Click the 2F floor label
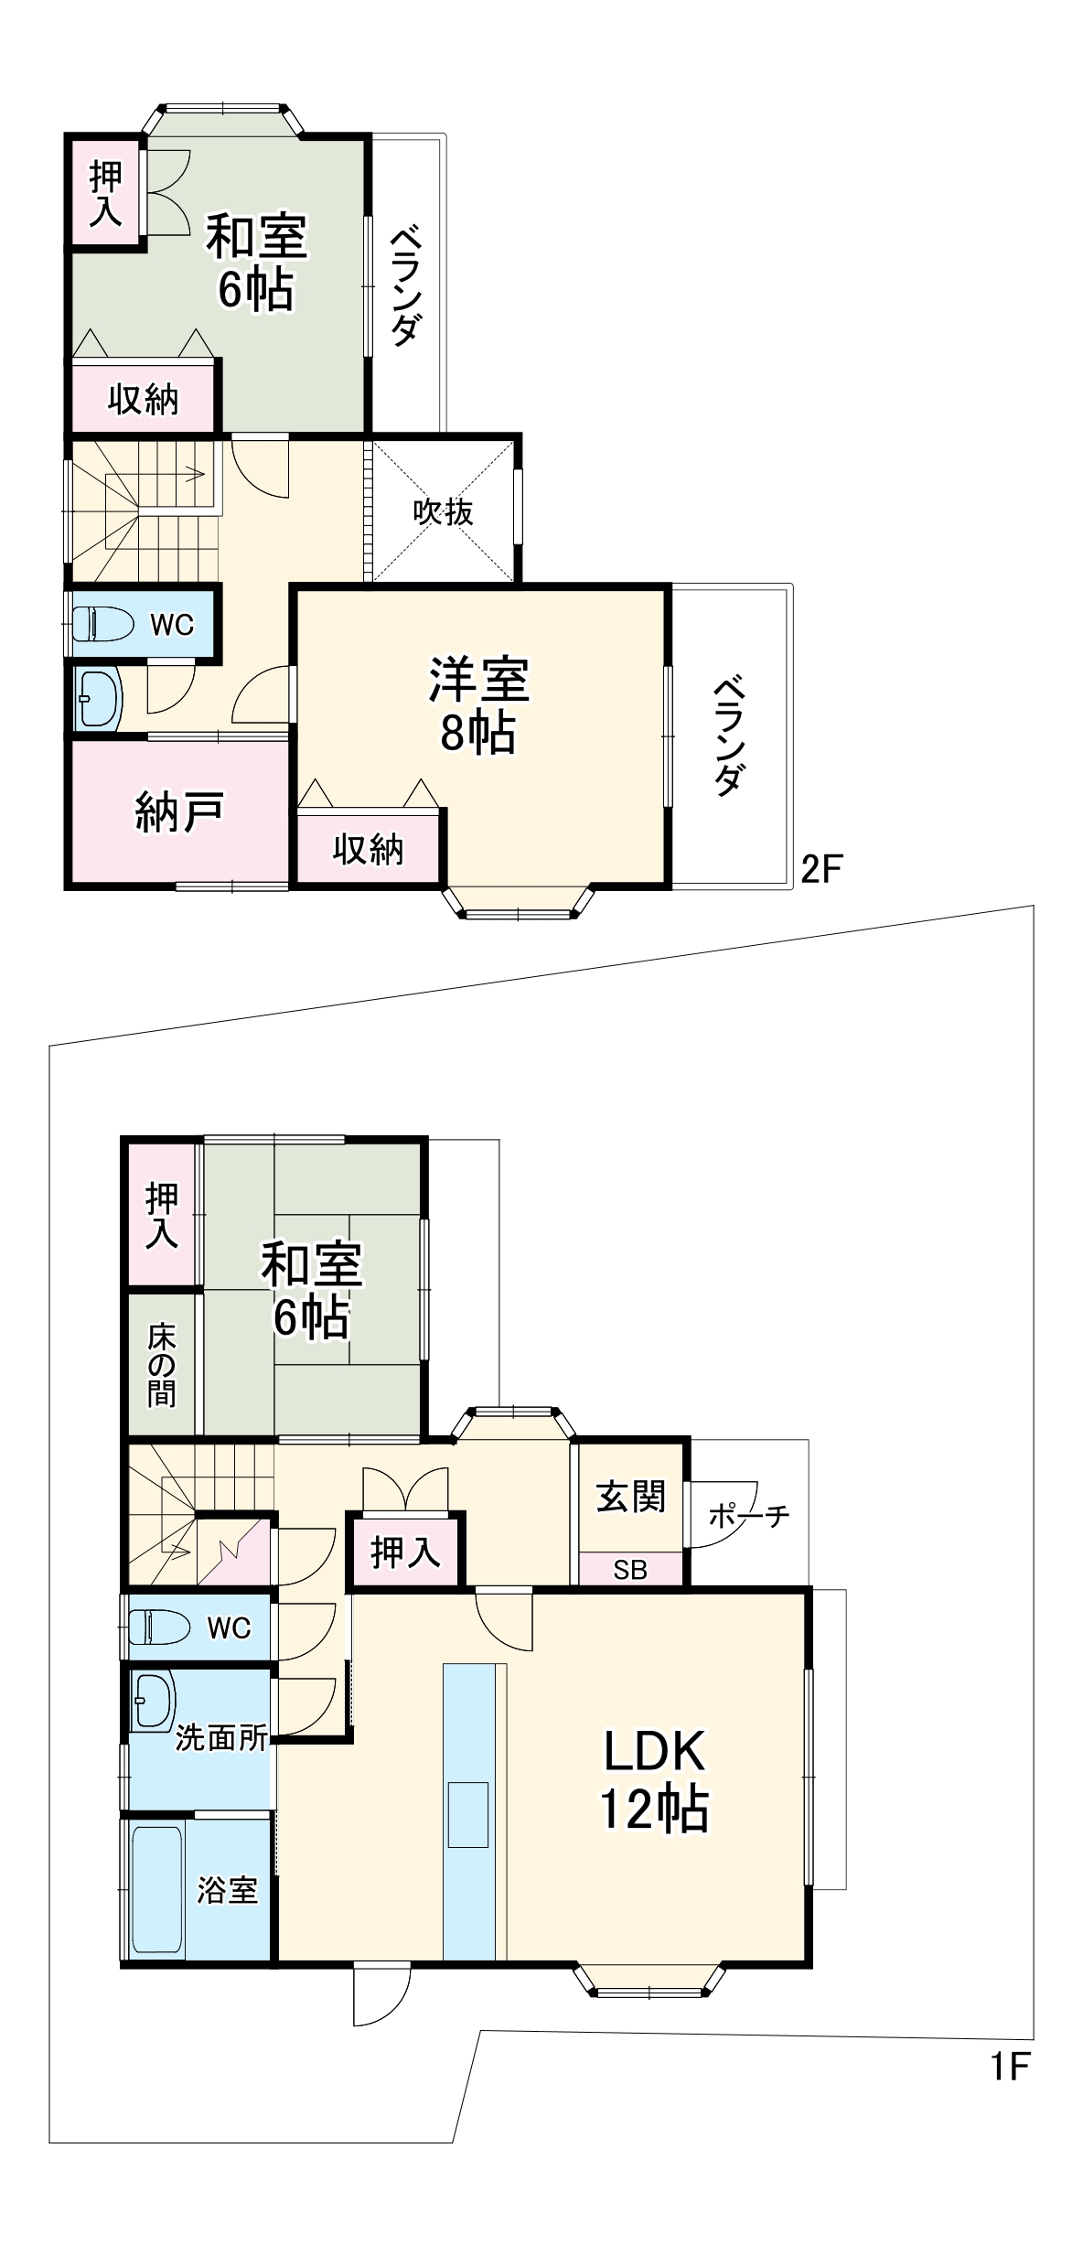pos(820,868)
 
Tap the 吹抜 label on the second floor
pos(443,512)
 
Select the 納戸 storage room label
pos(179,812)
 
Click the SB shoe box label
pos(630,1570)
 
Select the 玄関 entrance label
pos(630,1497)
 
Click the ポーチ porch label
pos(748,1516)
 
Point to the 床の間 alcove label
pos(162,1364)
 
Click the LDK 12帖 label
pos(654,1779)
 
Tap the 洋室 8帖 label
pos(478,705)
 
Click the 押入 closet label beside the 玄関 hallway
pos(405,1552)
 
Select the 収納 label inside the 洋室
pos(368,850)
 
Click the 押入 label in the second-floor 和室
pos(106,194)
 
